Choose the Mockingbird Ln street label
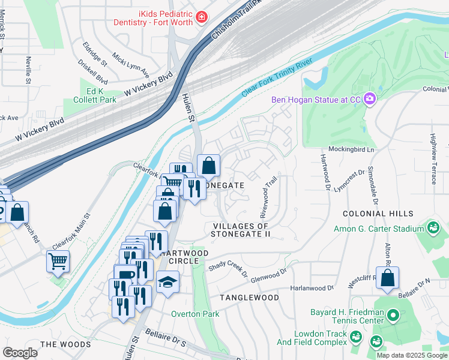tap(351, 149)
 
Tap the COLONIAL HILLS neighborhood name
tap(378, 214)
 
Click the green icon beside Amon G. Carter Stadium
tap(432, 229)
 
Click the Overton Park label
tap(194, 314)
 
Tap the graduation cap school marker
tap(167, 281)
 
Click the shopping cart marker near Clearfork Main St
tap(58, 260)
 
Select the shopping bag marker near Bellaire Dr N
tap(388, 277)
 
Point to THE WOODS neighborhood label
tap(65, 344)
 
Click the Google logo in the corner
tap(20, 352)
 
